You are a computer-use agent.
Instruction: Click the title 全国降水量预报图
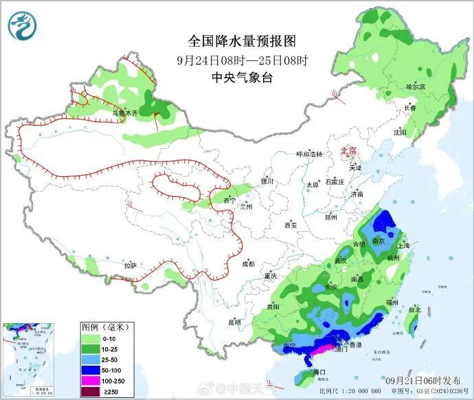[238, 40]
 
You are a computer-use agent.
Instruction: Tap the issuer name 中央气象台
[238, 78]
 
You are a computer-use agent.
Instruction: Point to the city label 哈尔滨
[416, 87]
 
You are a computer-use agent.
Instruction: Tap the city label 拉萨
[130, 265]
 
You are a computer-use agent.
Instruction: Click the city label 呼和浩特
[308, 154]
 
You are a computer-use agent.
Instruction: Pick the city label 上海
[404, 245]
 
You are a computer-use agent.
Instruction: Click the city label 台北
[415, 309]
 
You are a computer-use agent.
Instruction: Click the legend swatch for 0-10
[91, 338]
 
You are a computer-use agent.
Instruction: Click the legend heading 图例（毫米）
[106, 327]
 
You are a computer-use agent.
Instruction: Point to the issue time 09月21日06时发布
[423, 379]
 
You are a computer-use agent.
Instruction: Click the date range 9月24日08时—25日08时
[238, 59]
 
